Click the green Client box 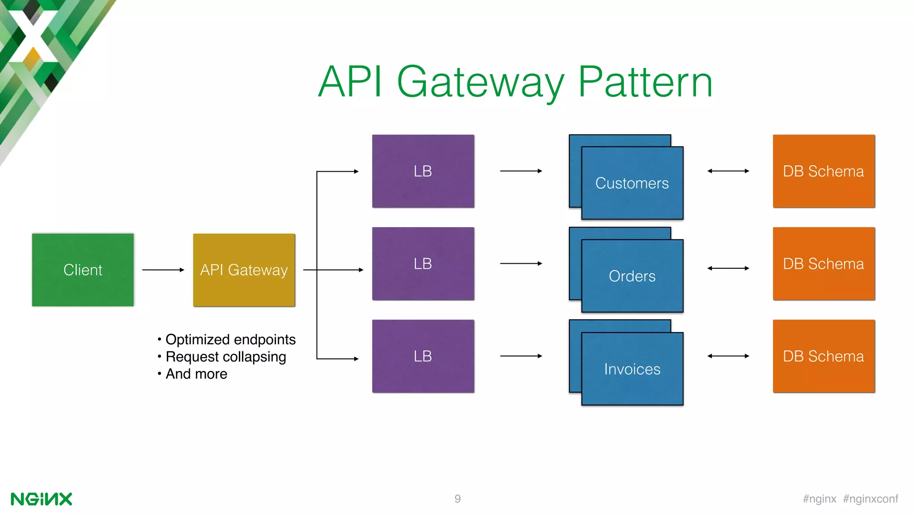[83, 270]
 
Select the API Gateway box [244, 270]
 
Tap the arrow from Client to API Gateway [163, 270]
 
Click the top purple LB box [423, 171]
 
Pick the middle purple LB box [423, 264]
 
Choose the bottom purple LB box [423, 356]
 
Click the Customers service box [632, 183]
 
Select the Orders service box [632, 276]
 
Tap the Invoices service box [632, 369]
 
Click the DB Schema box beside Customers [823, 171]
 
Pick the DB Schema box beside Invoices [823, 356]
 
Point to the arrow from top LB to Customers [521, 171]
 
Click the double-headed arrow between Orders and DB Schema [728, 268]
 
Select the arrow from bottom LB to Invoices [521, 356]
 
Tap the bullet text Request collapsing [225, 357]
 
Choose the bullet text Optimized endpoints [230, 340]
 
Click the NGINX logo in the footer [41, 499]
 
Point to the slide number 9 [458, 499]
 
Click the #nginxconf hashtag [870, 499]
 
